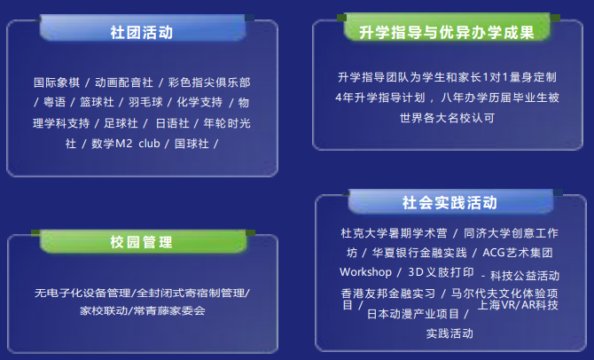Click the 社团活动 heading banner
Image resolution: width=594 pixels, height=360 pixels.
pyautogui.click(x=142, y=33)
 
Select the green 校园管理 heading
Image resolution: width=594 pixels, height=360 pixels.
pyautogui.click(x=142, y=242)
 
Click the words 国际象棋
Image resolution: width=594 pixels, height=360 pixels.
pyautogui.click(x=56, y=82)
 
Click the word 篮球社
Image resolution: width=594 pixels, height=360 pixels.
pyautogui.click(x=97, y=102)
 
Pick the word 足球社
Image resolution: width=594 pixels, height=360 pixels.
pyautogui.click(x=121, y=122)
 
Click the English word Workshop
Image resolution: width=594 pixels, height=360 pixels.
pyautogui.click(x=365, y=271)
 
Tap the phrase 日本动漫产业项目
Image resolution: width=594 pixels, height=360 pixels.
pyautogui.click(x=413, y=314)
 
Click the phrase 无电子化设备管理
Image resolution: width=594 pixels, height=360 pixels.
pyautogui.click(x=82, y=292)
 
